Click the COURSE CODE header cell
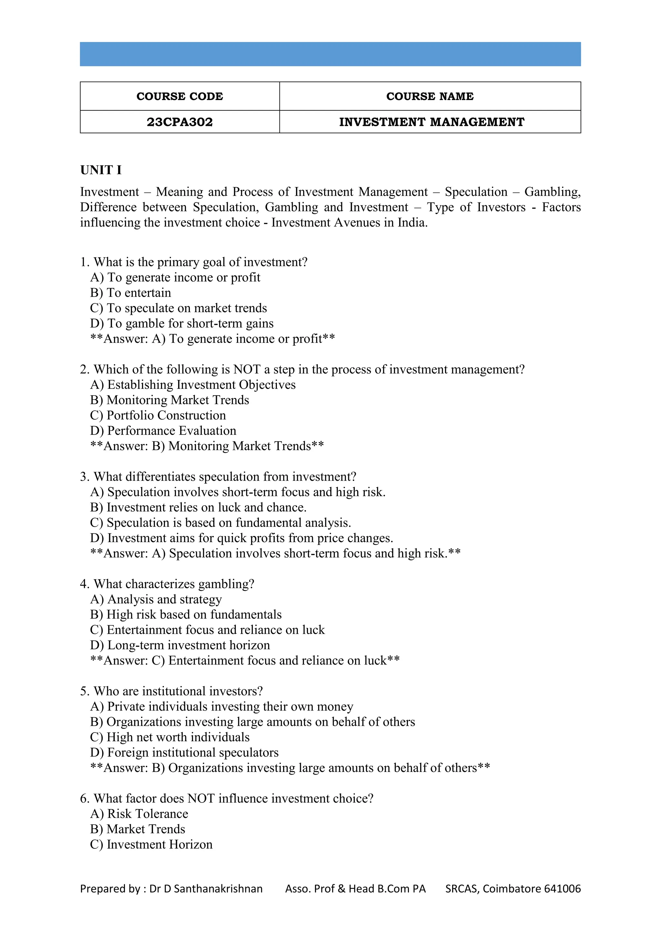click(x=179, y=96)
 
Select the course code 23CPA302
click(x=179, y=122)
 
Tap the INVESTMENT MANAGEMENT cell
click(x=432, y=122)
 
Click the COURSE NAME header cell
click(x=430, y=96)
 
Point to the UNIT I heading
click(x=101, y=170)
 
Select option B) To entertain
click(x=131, y=293)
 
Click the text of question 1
click(x=194, y=262)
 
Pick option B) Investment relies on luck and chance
click(x=198, y=508)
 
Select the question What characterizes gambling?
click(x=167, y=584)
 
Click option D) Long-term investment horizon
click(x=180, y=645)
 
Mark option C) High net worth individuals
click(x=170, y=737)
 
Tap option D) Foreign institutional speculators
click(x=184, y=753)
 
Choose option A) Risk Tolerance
click(x=139, y=814)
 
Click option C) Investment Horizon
click(x=151, y=845)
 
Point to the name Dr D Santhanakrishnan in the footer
click(x=206, y=889)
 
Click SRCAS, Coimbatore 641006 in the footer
click(x=513, y=889)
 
